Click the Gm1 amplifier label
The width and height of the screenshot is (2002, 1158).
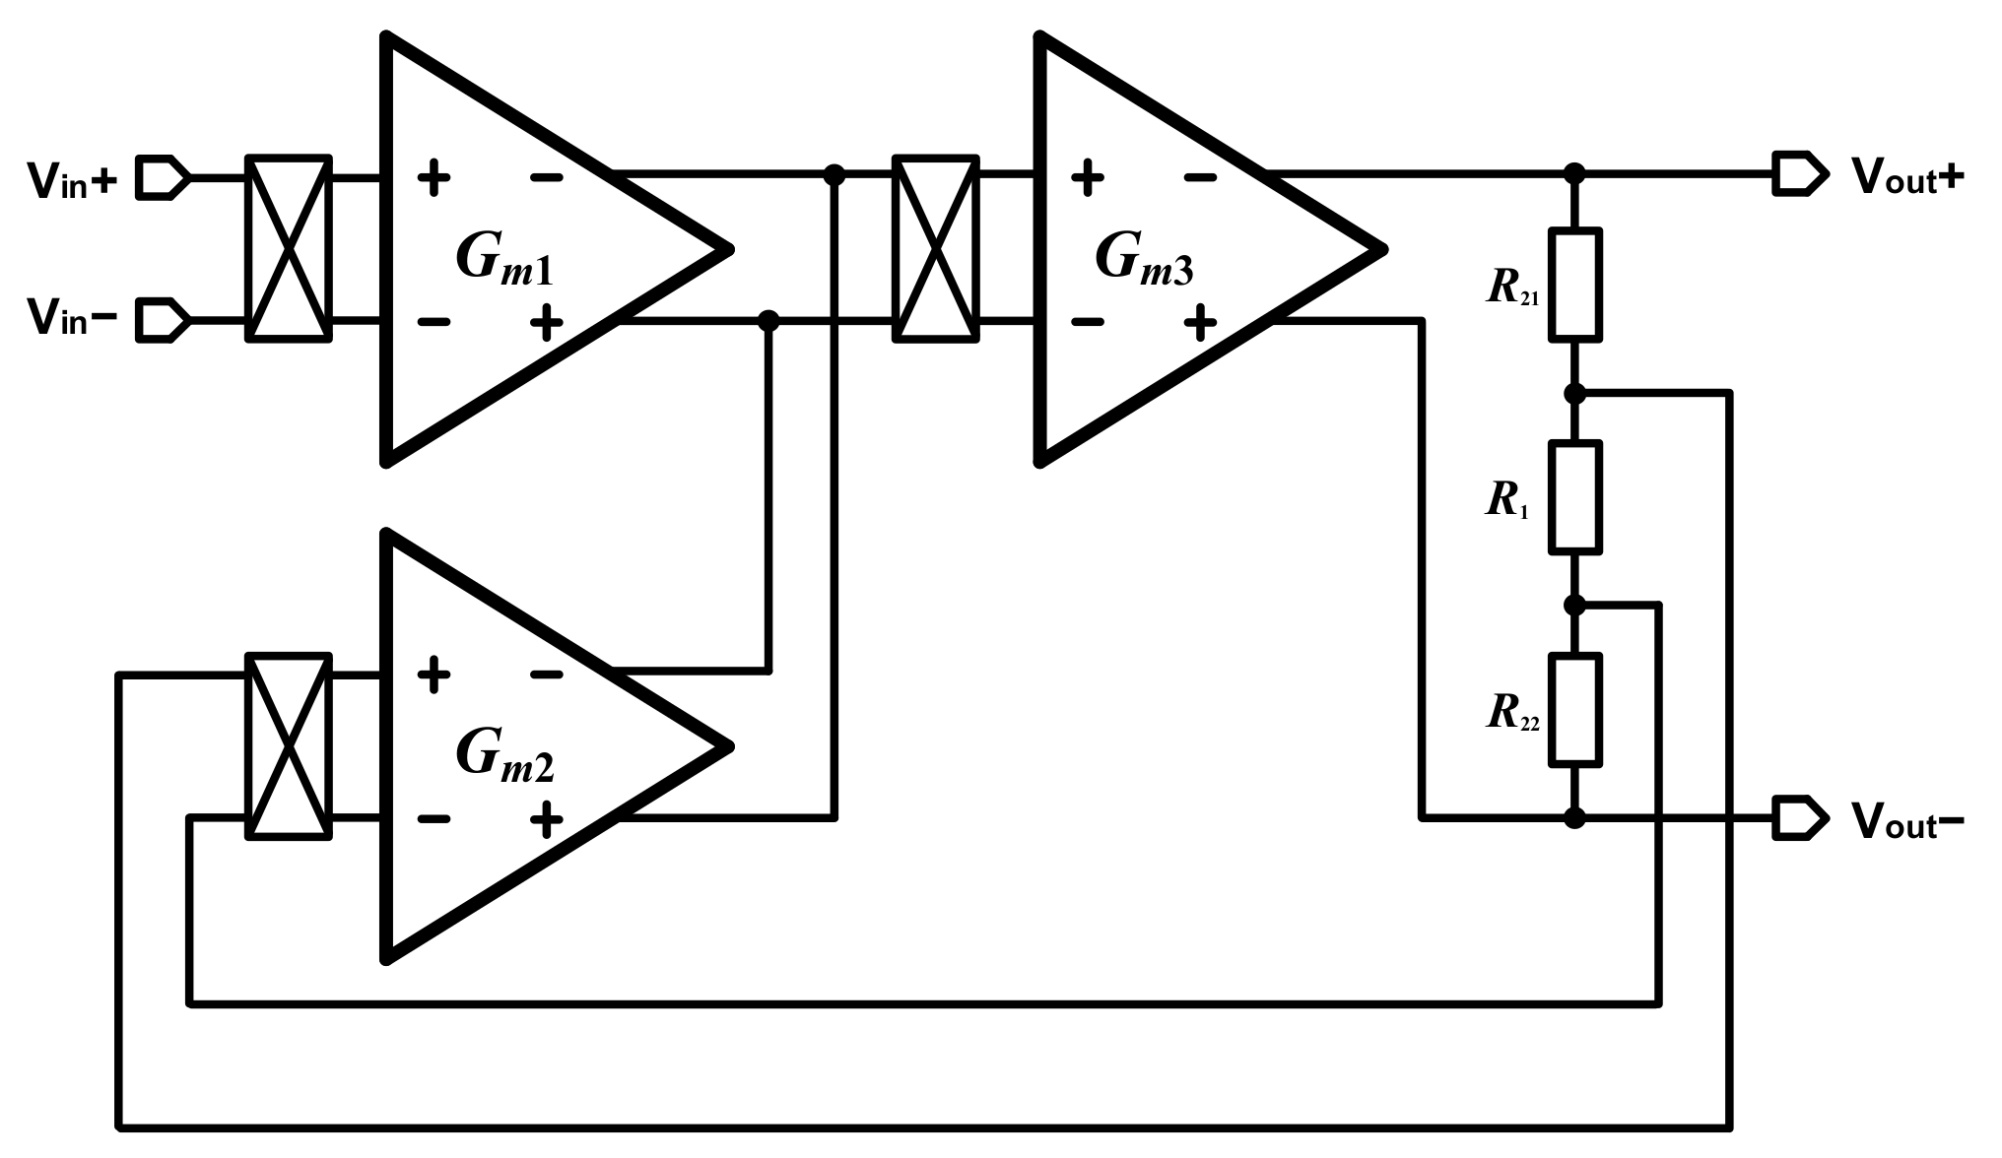click(x=503, y=259)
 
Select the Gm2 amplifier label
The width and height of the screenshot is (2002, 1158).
click(x=503, y=756)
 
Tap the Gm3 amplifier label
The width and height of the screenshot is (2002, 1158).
click(x=1143, y=259)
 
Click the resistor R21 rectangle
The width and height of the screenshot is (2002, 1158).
click(x=1574, y=285)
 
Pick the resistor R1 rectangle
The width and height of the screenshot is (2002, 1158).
click(x=1574, y=496)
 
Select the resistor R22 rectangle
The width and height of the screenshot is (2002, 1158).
click(x=1574, y=709)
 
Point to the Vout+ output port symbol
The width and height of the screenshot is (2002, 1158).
click(x=1799, y=174)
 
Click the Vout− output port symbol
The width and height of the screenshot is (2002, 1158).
click(x=1799, y=817)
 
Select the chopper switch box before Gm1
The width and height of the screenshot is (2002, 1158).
click(x=288, y=248)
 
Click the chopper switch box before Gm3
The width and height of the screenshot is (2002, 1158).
click(x=935, y=248)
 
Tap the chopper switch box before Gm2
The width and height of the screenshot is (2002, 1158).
click(x=288, y=745)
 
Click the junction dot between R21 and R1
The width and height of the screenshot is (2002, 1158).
click(x=1574, y=393)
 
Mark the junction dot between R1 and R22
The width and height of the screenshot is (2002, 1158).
click(x=1574, y=605)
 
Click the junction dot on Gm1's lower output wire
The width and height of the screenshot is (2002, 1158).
click(x=768, y=320)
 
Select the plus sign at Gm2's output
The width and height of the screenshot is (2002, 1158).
click(x=546, y=818)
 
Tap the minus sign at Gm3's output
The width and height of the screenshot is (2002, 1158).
click(x=1200, y=177)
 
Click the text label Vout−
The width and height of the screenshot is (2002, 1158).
click(x=1907, y=819)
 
